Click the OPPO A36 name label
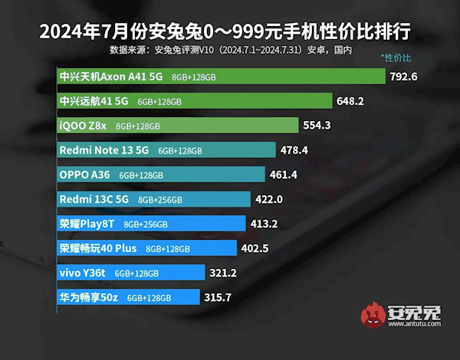[84, 175]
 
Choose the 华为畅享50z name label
[88, 297]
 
